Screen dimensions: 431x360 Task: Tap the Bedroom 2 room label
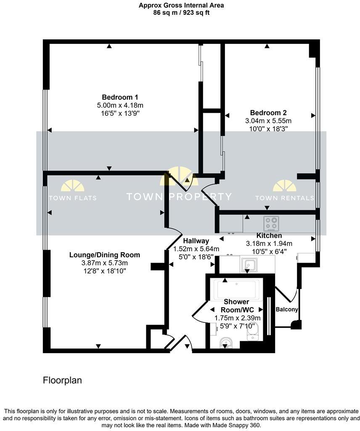pos(268,112)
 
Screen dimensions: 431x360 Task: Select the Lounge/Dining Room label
pos(104,255)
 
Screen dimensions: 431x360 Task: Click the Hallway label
pos(196,241)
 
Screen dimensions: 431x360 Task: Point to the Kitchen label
pos(269,236)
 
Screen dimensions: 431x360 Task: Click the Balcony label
pos(287,309)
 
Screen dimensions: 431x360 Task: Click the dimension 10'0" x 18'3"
pos(268,128)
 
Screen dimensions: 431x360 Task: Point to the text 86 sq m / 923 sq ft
pos(181,13)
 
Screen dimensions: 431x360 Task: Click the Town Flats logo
pos(72,192)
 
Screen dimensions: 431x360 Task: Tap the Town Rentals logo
pos(285,192)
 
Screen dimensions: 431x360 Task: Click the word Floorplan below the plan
pos(62,380)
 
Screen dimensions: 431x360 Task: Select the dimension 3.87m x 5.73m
pos(104,263)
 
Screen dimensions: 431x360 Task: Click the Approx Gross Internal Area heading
pos(181,5)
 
